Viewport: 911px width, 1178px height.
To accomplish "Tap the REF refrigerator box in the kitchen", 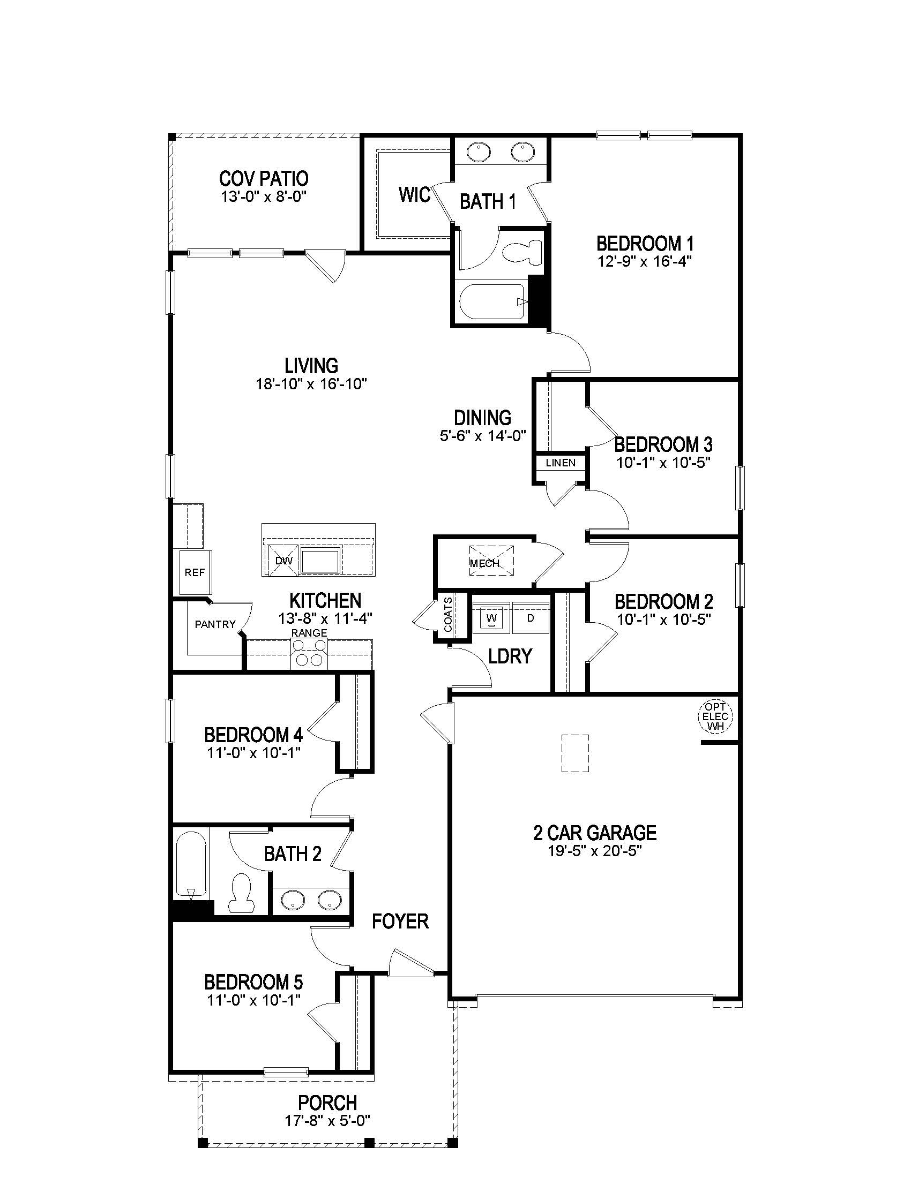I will pos(195,572).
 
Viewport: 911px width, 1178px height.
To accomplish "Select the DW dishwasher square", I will pos(283,561).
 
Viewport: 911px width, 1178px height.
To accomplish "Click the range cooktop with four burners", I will pos(309,653).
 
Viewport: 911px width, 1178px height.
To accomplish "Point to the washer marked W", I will pos(491,617).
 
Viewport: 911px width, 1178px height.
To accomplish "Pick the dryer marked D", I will pos(531,617).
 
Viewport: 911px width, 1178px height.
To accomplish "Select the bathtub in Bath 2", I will pos(191,864).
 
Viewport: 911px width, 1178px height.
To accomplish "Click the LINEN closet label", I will pos(560,463).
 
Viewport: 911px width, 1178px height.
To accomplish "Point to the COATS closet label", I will pos(449,614).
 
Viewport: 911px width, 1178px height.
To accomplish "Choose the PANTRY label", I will pos(215,624).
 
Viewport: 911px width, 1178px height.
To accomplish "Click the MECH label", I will pos(484,563).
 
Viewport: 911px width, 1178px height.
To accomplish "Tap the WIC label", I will pos(414,195).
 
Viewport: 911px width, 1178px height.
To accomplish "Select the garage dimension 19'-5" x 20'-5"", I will pos(595,851).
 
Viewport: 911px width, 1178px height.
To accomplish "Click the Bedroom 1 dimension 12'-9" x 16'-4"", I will pos(644,261).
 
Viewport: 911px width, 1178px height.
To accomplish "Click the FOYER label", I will pos(400,922).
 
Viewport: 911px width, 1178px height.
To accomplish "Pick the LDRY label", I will pos(510,656).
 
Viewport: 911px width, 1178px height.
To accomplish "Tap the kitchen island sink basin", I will pos(320,561).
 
